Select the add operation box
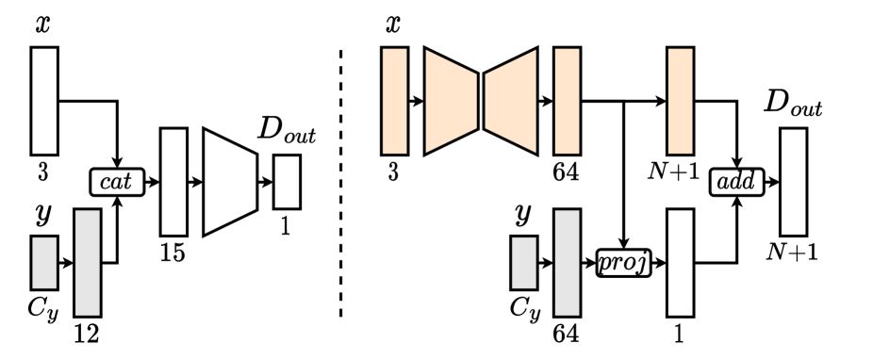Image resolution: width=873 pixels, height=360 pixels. (735, 181)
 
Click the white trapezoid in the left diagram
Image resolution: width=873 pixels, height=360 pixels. (231, 181)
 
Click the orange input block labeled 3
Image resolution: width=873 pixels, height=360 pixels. (393, 101)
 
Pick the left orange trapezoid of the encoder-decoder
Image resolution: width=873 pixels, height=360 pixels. (452, 101)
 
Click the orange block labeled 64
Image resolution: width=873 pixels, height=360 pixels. (566, 101)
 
